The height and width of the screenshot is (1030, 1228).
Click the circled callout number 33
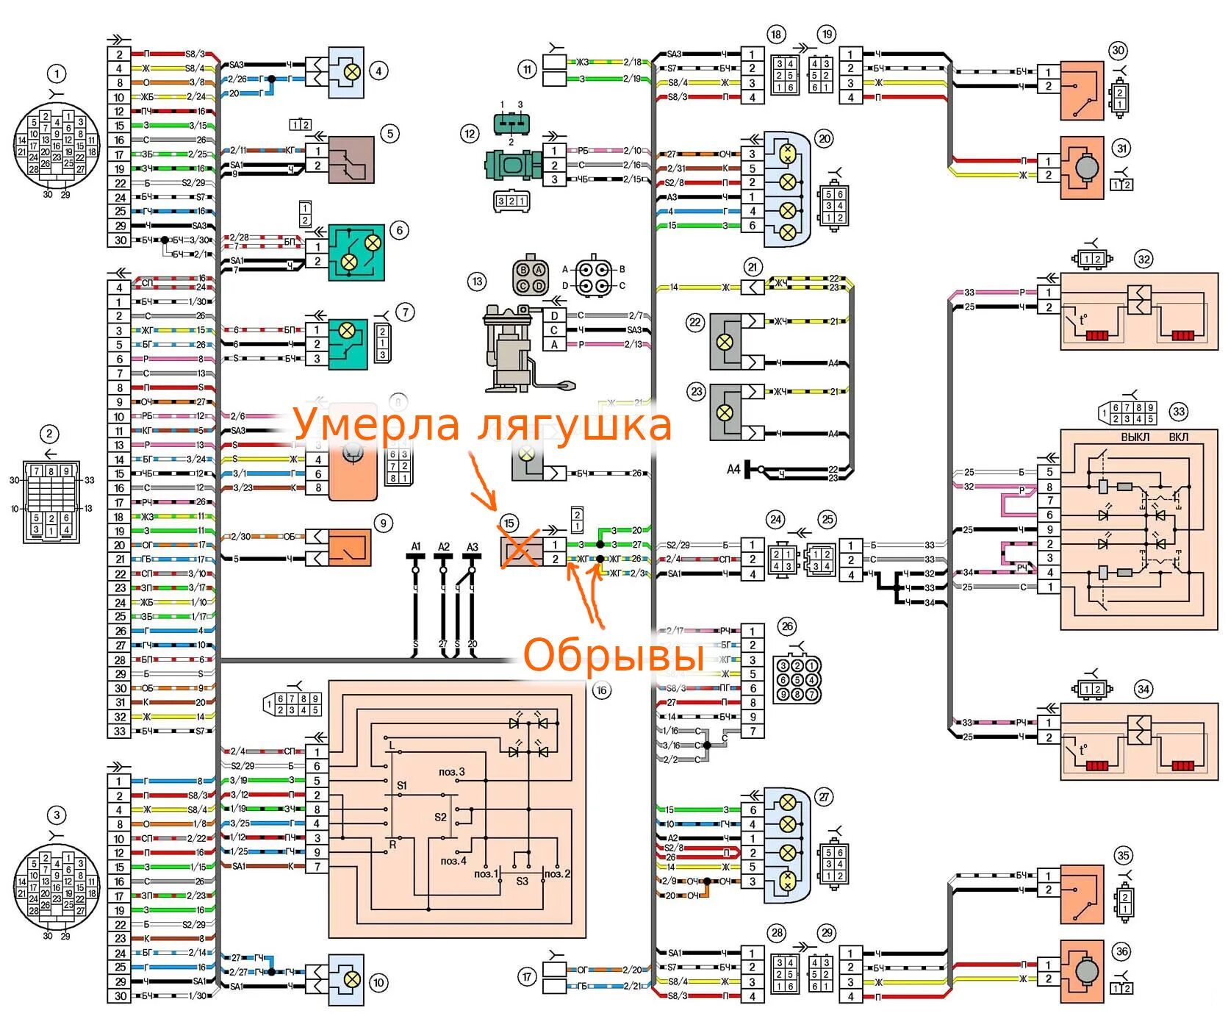coord(1179,412)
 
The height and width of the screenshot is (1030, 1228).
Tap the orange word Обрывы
coord(613,656)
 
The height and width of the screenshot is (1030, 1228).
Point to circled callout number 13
coord(478,281)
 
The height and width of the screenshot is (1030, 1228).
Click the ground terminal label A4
coord(733,469)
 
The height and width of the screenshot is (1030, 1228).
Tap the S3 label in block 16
coord(522,881)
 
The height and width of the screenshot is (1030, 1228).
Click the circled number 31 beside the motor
coord(1121,149)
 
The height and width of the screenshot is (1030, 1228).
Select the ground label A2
coord(444,547)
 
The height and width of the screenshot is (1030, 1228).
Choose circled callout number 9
coord(383,523)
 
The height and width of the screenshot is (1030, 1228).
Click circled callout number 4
coord(378,71)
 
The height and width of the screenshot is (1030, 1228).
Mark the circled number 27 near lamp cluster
coord(824,797)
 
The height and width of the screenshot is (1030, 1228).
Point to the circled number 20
coord(824,138)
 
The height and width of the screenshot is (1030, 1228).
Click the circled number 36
coord(1121,951)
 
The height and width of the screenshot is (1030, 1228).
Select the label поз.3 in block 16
coord(452,772)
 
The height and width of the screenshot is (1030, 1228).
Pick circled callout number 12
coord(470,134)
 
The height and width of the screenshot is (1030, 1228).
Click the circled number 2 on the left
coord(49,434)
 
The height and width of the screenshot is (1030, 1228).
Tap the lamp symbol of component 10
coord(353,979)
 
